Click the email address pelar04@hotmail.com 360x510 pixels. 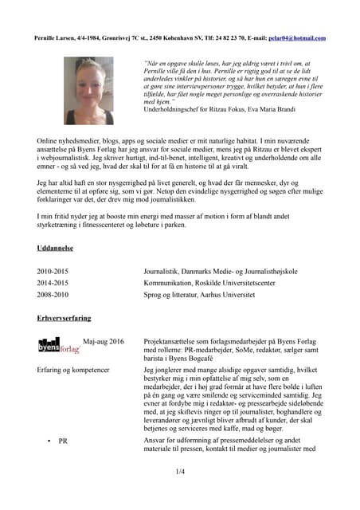coord(298,37)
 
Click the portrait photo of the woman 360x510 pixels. coord(88,90)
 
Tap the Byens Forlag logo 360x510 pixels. coord(59,345)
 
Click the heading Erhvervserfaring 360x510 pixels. coord(66,317)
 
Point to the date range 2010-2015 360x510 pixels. coord(53,271)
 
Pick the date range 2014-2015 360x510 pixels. coord(53,282)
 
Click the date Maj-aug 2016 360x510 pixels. coord(104,340)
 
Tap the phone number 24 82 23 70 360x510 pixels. coord(226,37)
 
